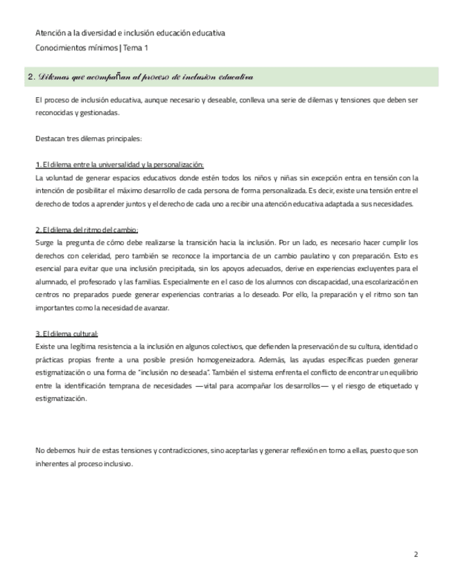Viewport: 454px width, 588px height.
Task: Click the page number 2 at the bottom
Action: click(x=416, y=555)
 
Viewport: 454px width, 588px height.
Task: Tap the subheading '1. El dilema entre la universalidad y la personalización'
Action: click(x=119, y=165)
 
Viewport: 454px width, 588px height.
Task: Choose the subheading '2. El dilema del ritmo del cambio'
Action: click(x=87, y=230)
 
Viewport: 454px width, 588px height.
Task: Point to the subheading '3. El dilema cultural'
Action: click(x=67, y=334)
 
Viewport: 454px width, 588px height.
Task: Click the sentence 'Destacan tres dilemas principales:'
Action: click(x=88, y=139)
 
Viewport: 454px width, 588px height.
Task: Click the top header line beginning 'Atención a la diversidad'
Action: click(x=130, y=33)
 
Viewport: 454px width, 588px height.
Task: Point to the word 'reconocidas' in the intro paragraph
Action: click(x=55, y=113)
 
